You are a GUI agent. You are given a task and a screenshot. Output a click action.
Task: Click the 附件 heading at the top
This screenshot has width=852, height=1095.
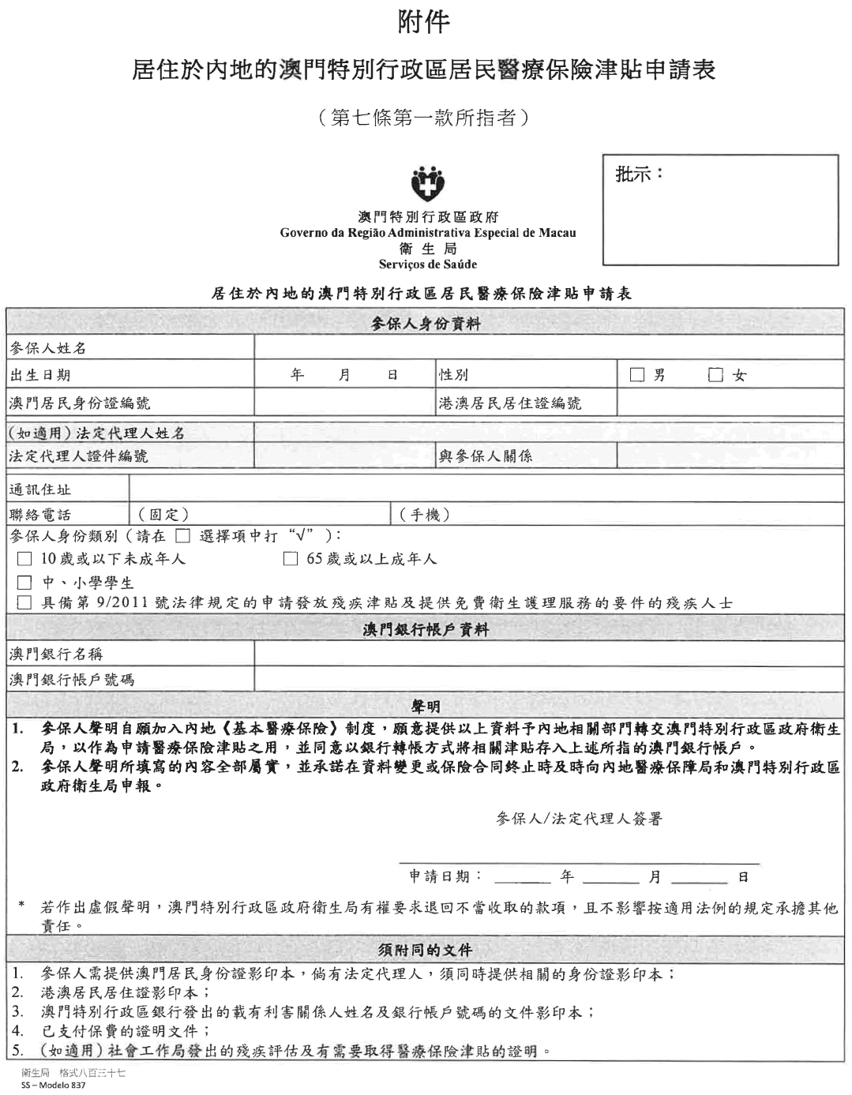pos(426,21)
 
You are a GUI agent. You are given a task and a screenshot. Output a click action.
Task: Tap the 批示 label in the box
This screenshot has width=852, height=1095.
pos(639,174)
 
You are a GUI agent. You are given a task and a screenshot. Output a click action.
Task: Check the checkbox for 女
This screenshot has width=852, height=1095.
pos(716,376)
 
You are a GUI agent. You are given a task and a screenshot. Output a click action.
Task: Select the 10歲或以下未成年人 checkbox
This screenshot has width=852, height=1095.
pos(24,560)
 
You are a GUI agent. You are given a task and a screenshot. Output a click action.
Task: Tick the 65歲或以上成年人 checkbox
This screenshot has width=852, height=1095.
pos(291,560)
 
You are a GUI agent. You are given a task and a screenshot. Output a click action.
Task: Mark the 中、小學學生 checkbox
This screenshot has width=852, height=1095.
pos(24,583)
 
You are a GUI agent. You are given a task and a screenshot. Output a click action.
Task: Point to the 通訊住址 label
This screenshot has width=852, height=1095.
pos(40,489)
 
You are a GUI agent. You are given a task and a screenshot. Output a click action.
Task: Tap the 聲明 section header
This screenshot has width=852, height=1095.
pos(426,706)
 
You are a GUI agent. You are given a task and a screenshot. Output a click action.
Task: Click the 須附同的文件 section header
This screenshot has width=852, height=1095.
pos(426,949)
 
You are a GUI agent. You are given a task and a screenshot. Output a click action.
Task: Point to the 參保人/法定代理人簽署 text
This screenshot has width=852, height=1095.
pos(579,819)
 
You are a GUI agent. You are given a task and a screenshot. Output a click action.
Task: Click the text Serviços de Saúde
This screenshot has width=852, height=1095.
pos(428,264)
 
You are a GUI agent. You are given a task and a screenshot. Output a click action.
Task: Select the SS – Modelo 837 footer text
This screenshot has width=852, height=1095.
pos(54,1085)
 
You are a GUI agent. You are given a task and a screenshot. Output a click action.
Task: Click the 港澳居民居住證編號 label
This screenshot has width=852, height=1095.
pos(510,403)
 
